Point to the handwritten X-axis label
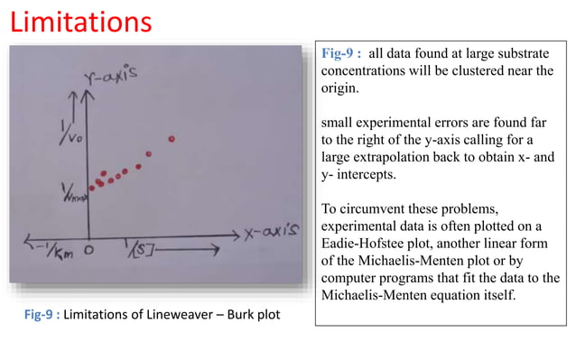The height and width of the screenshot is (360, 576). tap(272, 232)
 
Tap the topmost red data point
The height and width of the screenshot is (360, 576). tap(171, 139)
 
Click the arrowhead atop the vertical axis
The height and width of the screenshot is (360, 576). tap(88, 93)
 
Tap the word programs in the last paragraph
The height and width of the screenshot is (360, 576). tap(411, 277)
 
